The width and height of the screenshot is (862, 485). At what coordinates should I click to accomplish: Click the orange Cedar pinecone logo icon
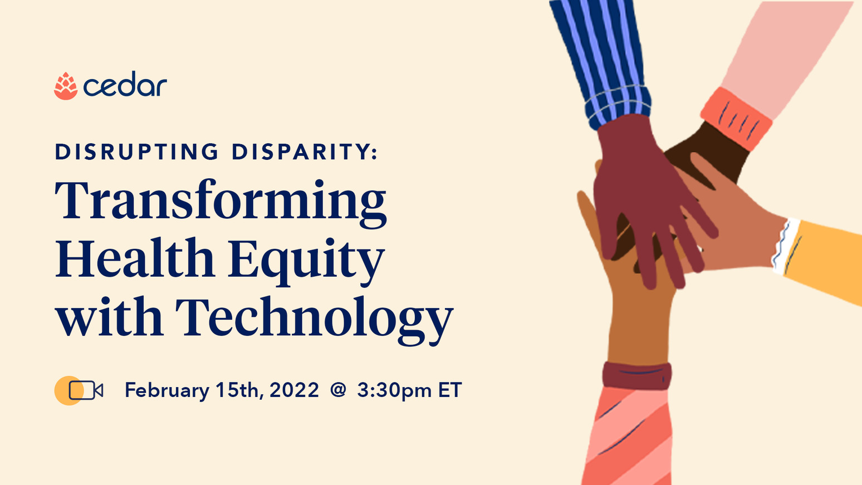click(x=65, y=86)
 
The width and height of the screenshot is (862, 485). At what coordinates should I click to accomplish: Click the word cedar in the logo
click(x=125, y=86)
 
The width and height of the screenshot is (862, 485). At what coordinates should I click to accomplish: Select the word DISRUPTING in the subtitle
click(x=137, y=152)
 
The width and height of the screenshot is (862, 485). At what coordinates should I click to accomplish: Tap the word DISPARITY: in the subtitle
click(x=305, y=152)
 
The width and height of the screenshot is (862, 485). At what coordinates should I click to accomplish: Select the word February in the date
click(x=166, y=390)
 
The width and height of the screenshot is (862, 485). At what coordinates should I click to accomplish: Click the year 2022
click(x=294, y=390)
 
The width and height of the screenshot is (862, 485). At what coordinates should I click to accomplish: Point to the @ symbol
click(x=338, y=390)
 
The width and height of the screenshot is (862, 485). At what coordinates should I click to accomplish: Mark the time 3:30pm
click(x=394, y=390)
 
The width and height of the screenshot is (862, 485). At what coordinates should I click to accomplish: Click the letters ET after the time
click(x=450, y=390)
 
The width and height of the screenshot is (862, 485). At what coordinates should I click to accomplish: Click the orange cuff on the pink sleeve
click(x=736, y=118)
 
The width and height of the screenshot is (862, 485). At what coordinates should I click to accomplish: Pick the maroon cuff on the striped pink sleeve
click(x=637, y=375)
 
